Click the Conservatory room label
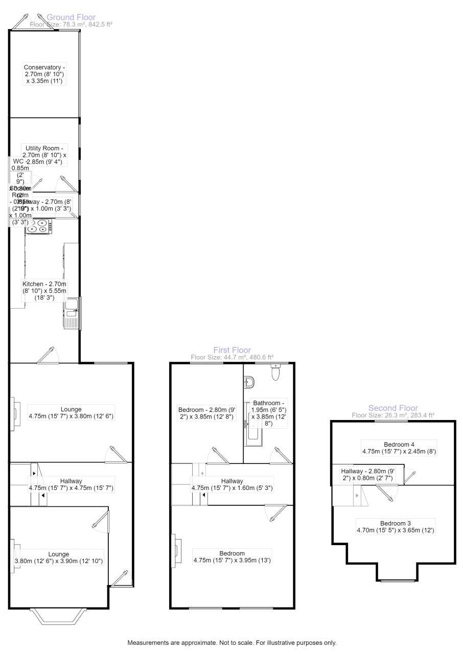click(x=44, y=74)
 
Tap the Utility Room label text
click(x=44, y=154)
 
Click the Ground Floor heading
click(x=71, y=17)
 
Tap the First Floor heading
click(x=232, y=350)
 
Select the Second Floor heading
click(x=393, y=408)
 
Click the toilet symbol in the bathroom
click(x=276, y=373)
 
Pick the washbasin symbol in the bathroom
click(x=249, y=382)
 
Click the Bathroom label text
click(x=268, y=413)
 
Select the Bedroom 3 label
click(x=395, y=527)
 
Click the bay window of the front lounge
click(x=57, y=617)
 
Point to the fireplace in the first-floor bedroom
click(x=175, y=551)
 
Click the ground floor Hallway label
click(x=71, y=484)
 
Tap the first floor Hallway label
click(x=232, y=484)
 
